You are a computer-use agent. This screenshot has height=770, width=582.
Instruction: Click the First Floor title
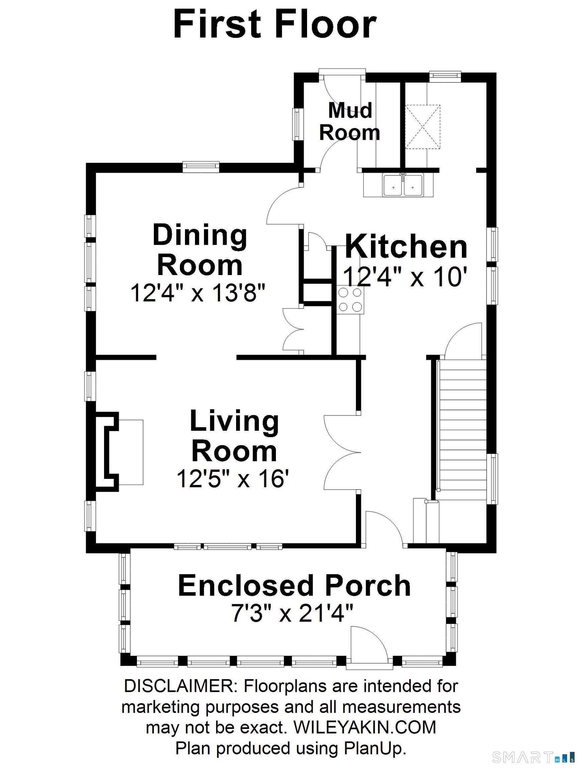(x=275, y=24)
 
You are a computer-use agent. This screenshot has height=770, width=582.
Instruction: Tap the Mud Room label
(x=350, y=122)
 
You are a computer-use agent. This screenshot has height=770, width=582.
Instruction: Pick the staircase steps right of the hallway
(x=462, y=429)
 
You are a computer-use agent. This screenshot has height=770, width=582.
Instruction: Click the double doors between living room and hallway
(x=343, y=452)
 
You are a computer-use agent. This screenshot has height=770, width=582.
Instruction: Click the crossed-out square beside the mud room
(x=422, y=127)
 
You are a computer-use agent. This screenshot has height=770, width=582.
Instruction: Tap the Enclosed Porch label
(x=294, y=586)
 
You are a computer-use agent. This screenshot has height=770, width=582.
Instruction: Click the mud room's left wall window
(x=297, y=125)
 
